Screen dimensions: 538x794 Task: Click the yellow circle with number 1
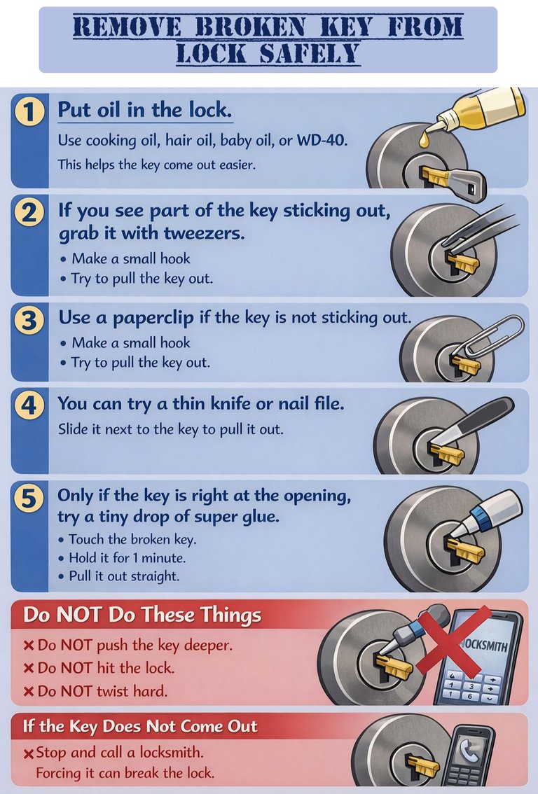[29, 111]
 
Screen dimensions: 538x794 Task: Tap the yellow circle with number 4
[29, 406]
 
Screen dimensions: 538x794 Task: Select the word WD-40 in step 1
[322, 140]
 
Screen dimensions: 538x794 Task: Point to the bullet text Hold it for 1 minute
[127, 558]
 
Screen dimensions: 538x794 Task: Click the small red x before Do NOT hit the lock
[29, 669]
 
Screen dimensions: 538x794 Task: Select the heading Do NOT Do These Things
[142, 615]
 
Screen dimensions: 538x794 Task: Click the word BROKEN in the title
[251, 27]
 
